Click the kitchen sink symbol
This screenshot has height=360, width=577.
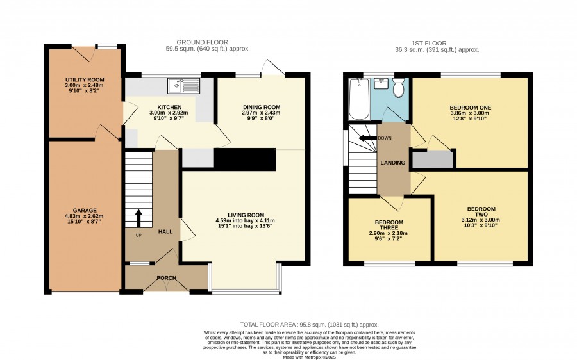click(183, 85)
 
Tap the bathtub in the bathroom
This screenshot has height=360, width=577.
click(359, 99)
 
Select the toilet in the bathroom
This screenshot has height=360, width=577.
click(399, 87)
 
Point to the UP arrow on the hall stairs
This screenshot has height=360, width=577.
click(138, 218)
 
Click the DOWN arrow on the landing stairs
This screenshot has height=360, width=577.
click(367, 138)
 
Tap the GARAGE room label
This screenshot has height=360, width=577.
click(85, 211)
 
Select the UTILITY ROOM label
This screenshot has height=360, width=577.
click(85, 80)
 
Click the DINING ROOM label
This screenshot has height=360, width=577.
click(262, 108)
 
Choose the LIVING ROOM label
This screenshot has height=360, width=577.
click(246, 215)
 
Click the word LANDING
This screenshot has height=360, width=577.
click(392, 163)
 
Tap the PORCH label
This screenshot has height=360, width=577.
click(166, 278)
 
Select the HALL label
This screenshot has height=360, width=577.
click(165, 232)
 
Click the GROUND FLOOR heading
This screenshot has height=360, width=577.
click(203, 42)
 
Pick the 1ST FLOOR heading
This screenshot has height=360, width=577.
click(429, 44)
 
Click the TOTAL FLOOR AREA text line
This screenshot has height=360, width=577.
click(310, 325)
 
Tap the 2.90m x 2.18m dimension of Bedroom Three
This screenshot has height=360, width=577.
click(389, 233)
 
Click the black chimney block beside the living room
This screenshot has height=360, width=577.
click(245, 160)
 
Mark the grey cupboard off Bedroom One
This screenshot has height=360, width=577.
click(432, 160)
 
